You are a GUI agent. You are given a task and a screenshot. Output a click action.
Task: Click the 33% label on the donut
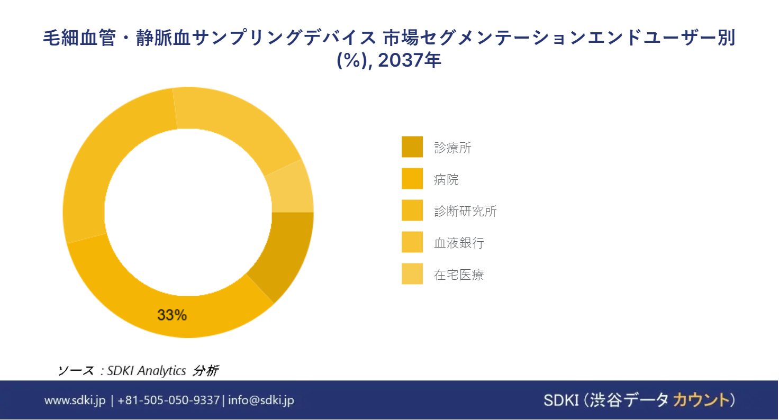tap(172, 315)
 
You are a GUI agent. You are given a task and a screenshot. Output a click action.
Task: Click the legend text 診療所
tap(452, 148)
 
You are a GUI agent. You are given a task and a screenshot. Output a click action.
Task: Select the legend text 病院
tap(446, 179)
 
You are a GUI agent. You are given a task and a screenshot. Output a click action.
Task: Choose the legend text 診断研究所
tap(465, 211)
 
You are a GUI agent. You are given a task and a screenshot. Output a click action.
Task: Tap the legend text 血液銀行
tap(459, 243)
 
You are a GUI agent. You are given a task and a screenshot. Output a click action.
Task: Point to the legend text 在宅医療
tap(459, 275)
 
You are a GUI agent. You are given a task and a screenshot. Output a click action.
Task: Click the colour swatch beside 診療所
tap(412, 147)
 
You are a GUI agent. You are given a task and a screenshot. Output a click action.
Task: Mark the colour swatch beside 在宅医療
tap(412, 273)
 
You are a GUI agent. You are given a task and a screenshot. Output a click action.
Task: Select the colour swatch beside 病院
tap(412, 178)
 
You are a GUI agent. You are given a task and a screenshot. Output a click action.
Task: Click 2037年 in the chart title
tap(409, 60)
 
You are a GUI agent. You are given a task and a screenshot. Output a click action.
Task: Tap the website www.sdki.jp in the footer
tap(75, 400)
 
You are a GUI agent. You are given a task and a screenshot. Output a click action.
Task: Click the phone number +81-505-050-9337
tap(168, 400)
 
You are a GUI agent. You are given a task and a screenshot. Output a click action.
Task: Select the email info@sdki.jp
tap(261, 400)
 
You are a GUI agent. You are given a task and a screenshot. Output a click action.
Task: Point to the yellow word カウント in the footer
tap(700, 400)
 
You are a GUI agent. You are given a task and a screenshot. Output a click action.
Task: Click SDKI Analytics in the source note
tap(147, 371)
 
